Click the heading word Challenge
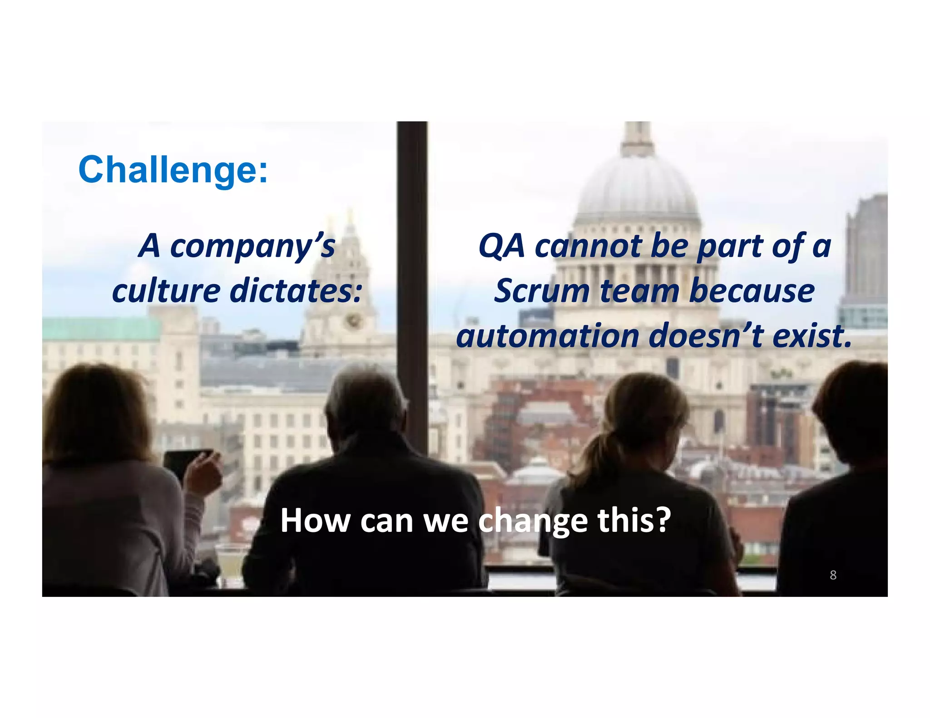coord(173,170)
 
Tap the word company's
coord(252,246)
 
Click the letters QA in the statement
coord(501,246)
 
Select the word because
coord(752,291)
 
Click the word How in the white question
coord(315,521)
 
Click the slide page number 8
coord(833,575)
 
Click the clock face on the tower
coord(353,321)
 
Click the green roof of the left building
coord(100,329)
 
